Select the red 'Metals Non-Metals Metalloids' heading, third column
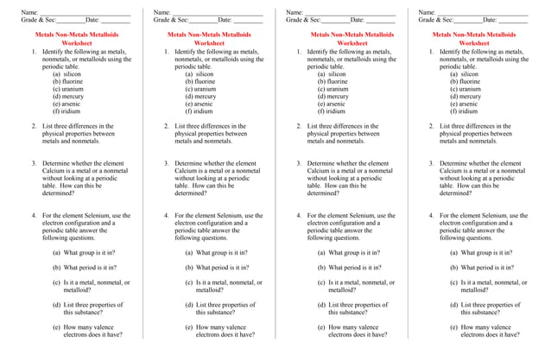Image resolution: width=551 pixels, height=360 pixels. [352, 35]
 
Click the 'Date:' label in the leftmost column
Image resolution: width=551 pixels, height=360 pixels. [92, 20]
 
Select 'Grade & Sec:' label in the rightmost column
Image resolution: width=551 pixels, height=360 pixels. [435, 20]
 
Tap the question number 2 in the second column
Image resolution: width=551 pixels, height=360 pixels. [166, 126]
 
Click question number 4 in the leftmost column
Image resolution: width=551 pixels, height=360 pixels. [34, 216]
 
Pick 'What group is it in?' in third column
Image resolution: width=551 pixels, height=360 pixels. [355, 253]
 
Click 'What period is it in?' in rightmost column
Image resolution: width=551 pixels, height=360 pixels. [489, 268]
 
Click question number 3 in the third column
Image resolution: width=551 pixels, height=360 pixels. [299, 163]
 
